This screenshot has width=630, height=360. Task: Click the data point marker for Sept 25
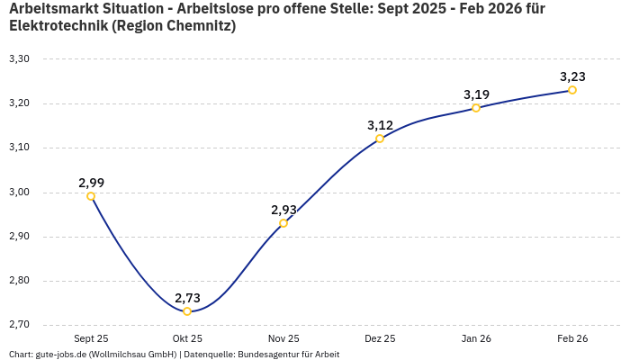[x=91, y=196]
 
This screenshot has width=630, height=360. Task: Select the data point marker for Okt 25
[x=187, y=311]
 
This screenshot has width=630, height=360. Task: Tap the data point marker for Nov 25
[x=283, y=223]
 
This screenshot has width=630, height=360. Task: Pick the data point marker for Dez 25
[x=380, y=139]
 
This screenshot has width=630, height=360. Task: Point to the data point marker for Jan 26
[x=476, y=108]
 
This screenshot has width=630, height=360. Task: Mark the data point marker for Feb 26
[x=572, y=90]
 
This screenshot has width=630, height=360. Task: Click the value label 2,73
[x=187, y=298]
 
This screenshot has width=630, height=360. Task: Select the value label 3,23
[x=572, y=76]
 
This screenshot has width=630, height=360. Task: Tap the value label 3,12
[x=380, y=125]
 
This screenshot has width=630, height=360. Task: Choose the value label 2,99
[x=91, y=183]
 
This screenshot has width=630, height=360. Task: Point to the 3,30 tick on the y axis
[x=19, y=59]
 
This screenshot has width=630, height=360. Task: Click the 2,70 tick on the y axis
[x=19, y=325]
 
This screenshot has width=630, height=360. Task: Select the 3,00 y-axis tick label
[x=19, y=193]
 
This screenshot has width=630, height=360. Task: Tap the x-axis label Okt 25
[x=187, y=339]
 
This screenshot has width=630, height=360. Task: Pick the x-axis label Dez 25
[x=380, y=339]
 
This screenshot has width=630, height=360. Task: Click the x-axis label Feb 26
[x=572, y=339]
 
